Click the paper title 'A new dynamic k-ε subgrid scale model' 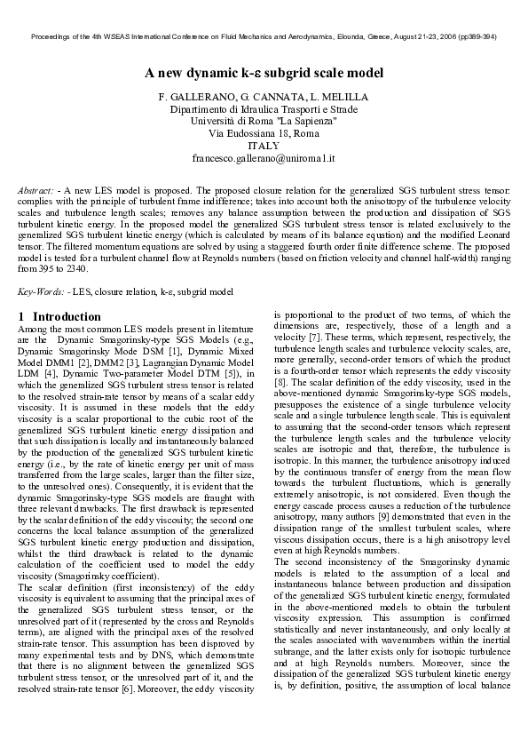(x=264, y=73)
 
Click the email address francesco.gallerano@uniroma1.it (x=264, y=158)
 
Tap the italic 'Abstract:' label (x=36, y=191)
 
